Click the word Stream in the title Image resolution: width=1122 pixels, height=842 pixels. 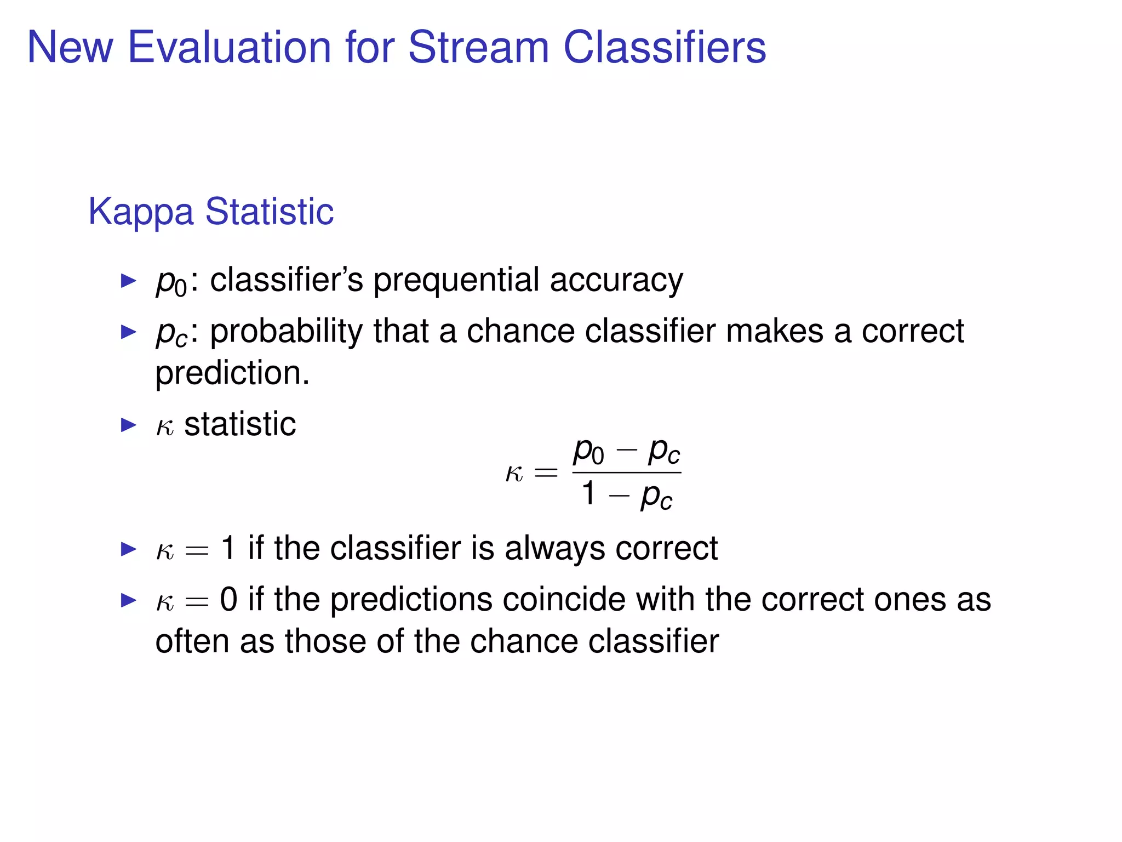pyautogui.click(x=478, y=47)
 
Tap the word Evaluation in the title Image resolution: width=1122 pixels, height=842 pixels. pyautogui.click(x=230, y=47)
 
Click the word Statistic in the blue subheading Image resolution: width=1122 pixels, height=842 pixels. pyautogui.click(x=270, y=212)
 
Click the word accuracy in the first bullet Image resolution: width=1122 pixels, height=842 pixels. pyautogui.click(x=616, y=281)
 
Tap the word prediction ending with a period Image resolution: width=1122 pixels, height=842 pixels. pyautogui.click(x=232, y=373)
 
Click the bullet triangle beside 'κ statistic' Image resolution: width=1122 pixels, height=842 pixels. pyautogui.click(x=128, y=425)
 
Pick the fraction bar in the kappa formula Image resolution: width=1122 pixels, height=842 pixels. pyautogui.click(x=626, y=473)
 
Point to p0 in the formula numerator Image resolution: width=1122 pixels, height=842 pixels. pyautogui.click(x=588, y=452)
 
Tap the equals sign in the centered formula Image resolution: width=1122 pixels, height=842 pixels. pyautogui.click(x=546, y=473)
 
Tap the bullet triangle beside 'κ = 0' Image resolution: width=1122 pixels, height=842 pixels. pyautogui.click(x=128, y=600)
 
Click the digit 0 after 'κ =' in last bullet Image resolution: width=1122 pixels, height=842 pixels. pyautogui.click(x=228, y=599)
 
